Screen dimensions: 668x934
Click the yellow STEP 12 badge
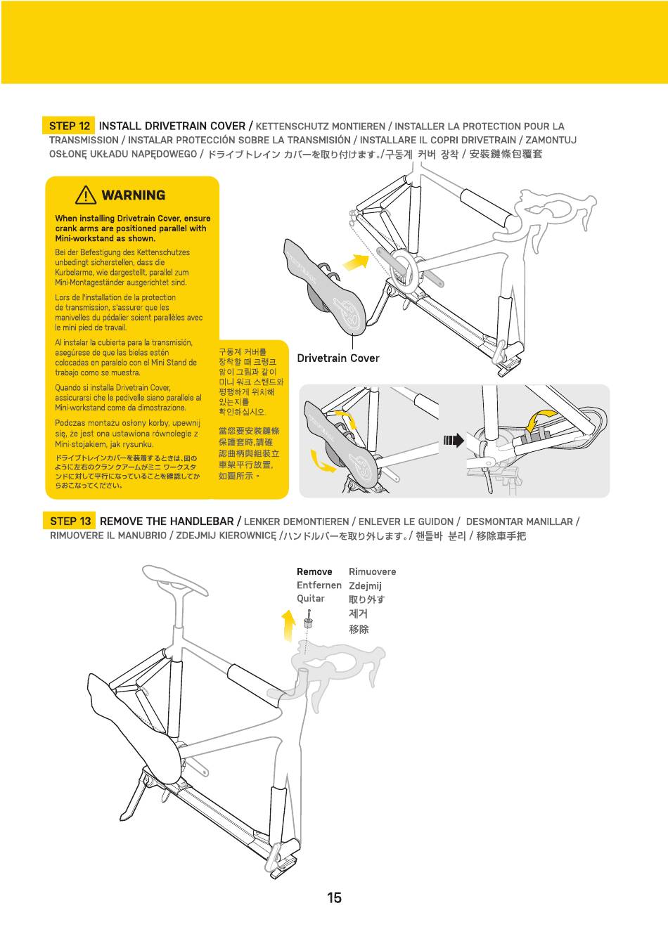(69, 127)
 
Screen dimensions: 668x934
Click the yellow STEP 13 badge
(70, 521)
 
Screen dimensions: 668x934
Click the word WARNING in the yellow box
(134, 195)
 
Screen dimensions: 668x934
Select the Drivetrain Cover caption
(338, 358)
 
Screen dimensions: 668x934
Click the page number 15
(334, 897)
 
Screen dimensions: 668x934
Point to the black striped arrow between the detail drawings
(454, 441)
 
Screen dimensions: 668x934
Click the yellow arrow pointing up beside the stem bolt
(288, 625)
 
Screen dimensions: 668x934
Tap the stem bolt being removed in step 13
(308, 622)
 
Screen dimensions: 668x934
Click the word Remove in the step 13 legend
(314, 572)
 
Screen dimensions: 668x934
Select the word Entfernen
(319, 585)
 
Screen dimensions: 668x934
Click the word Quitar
(311, 599)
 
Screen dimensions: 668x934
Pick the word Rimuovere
(372, 572)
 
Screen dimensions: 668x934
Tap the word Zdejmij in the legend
(365, 585)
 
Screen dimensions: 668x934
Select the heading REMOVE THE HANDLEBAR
(167, 521)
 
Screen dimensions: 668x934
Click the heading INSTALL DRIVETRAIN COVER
(172, 127)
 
